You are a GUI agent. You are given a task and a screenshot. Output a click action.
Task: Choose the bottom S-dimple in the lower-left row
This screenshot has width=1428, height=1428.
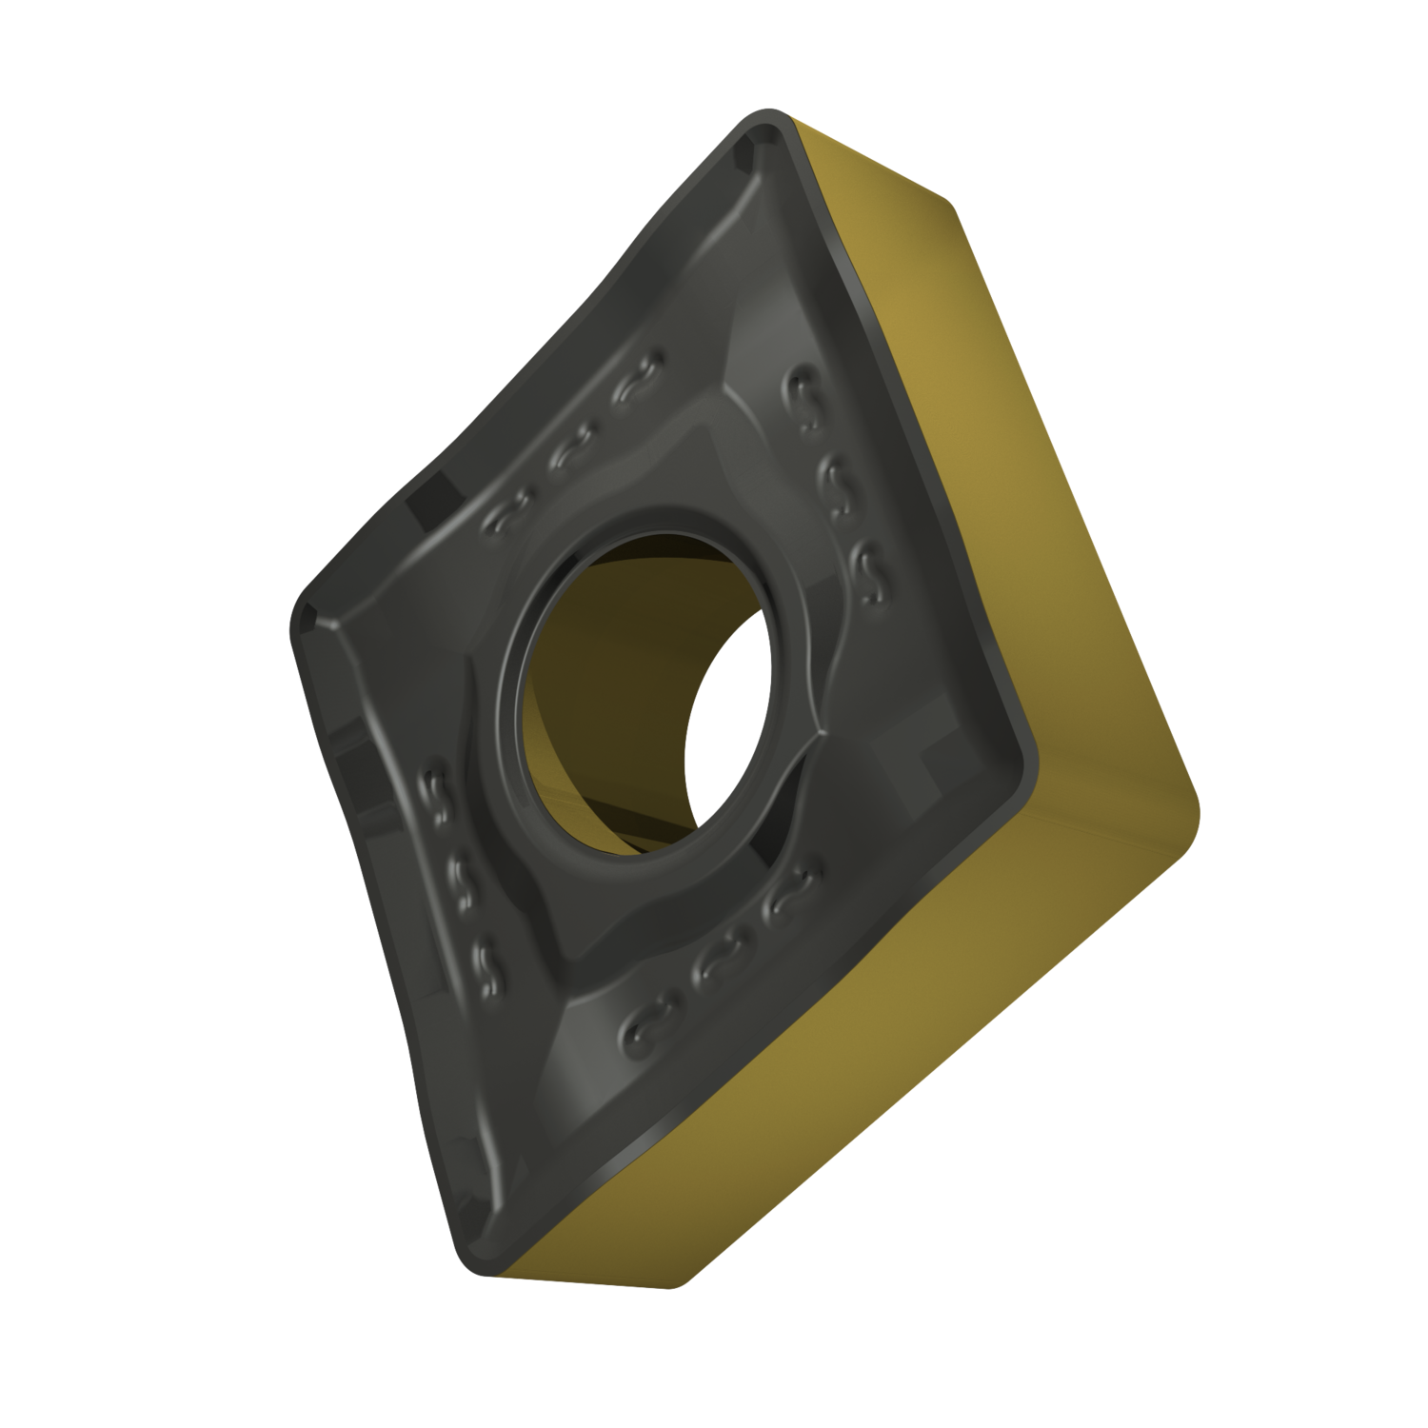(486, 962)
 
